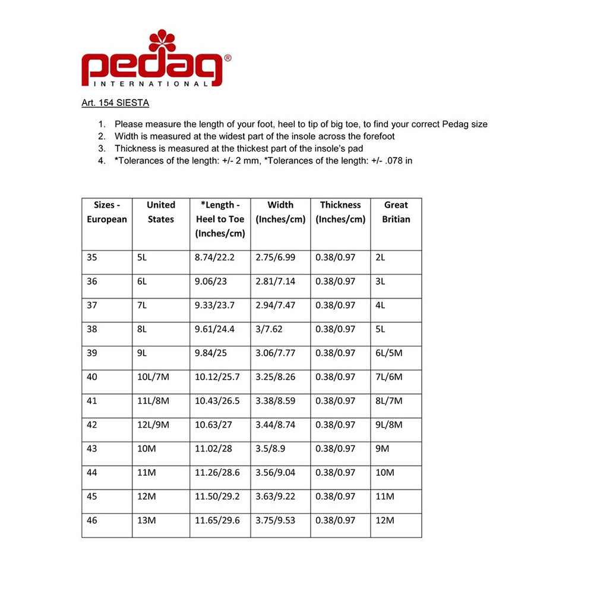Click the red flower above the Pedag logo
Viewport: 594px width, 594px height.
162,41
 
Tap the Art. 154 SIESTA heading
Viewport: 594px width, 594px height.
115,103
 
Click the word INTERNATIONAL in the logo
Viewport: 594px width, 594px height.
146,84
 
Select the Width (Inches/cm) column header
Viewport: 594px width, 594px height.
280,212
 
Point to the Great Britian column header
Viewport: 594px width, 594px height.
396,212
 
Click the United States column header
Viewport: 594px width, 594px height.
161,212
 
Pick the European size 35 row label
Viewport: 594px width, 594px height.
92,258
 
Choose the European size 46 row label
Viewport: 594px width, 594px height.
92,520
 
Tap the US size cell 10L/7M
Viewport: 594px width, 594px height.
153,377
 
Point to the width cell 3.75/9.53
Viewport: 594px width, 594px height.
275,520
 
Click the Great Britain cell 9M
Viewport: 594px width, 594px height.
383,448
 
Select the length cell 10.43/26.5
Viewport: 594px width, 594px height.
217,401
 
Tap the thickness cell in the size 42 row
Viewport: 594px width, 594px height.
336,425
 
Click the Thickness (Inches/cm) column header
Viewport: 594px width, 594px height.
340,212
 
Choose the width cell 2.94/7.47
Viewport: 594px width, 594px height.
275,305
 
